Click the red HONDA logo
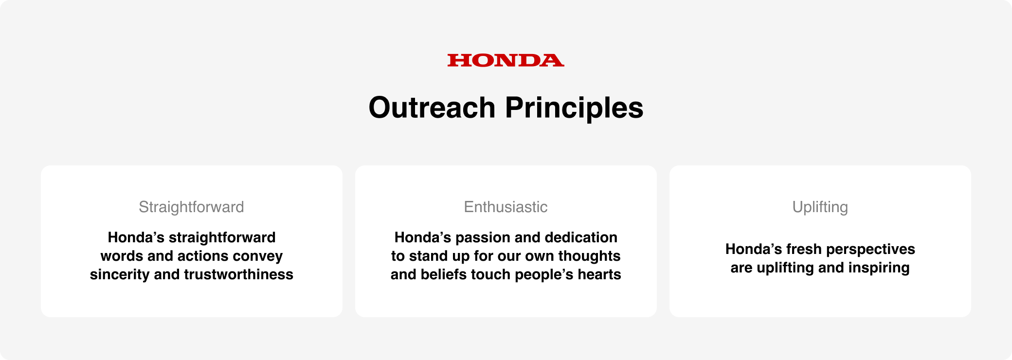pyautogui.click(x=506, y=60)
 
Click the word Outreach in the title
pyautogui.click(x=432, y=108)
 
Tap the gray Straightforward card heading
pyautogui.click(x=191, y=207)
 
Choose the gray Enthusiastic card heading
pyautogui.click(x=506, y=207)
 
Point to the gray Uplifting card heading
pyautogui.click(x=820, y=207)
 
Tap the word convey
pyautogui.click(x=258, y=256)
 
